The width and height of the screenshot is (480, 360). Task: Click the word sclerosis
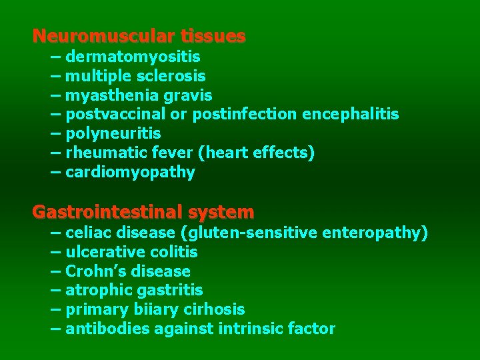[173, 77]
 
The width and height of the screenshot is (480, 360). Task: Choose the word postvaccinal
[116, 115]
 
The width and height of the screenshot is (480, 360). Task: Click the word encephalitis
[351, 115]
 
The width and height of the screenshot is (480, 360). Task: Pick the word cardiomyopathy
[131, 173]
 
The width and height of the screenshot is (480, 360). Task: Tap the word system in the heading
[221, 213]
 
